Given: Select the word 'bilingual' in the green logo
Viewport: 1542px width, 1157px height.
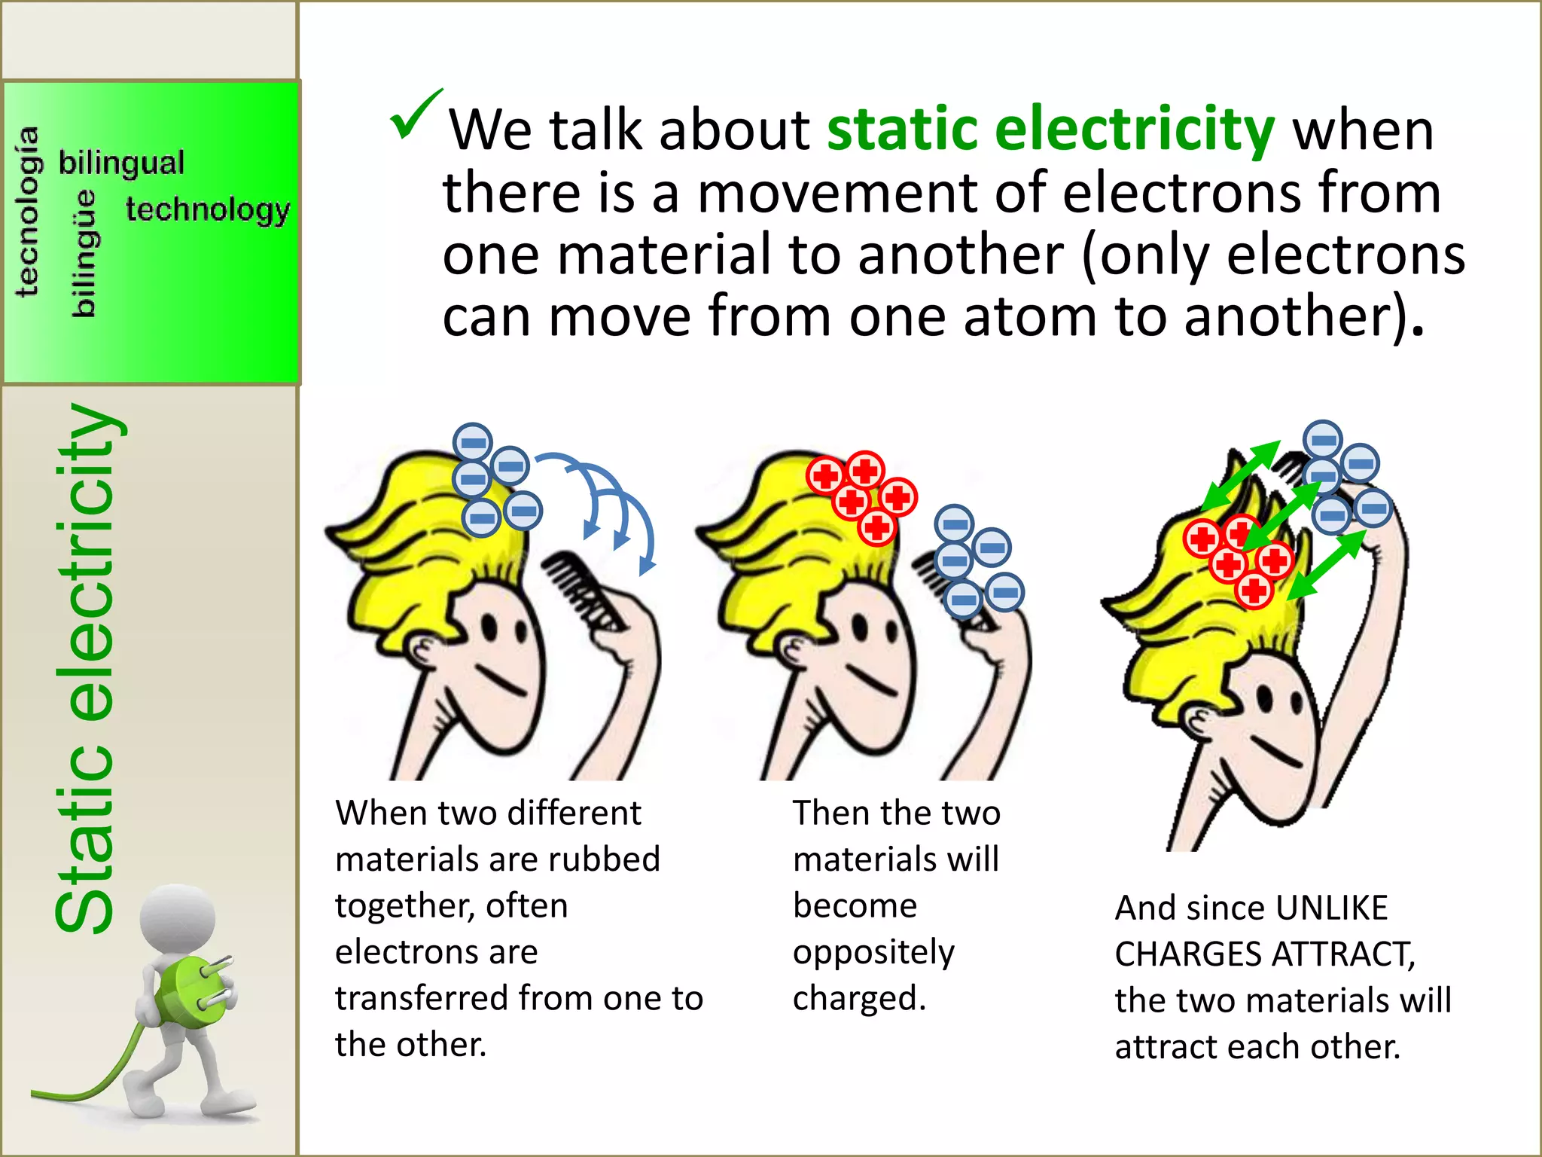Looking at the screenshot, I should [x=121, y=163].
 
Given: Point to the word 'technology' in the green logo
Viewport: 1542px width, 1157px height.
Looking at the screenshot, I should [x=208, y=209].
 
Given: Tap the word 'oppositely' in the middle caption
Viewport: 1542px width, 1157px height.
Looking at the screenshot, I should [x=873, y=953].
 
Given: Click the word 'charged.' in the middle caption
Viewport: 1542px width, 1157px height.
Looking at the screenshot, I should [x=859, y=999].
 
